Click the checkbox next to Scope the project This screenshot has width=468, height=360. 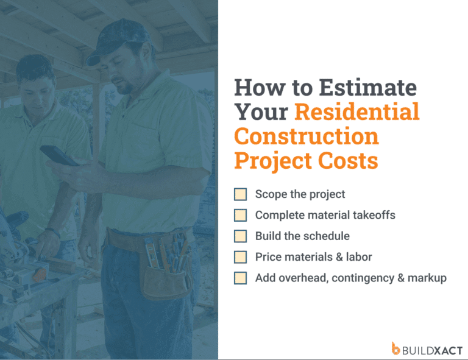[241, 194]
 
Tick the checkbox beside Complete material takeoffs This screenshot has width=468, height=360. [241, 215]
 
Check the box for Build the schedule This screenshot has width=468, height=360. [241, 236]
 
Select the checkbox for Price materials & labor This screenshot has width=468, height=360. [241, 256]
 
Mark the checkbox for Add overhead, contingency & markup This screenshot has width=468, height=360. [241, 278]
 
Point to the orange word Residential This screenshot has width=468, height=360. [357, 112]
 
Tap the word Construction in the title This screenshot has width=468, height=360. [307, 136]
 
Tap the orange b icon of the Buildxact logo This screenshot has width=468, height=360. [396, 348]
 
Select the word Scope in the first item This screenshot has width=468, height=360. [270, 194]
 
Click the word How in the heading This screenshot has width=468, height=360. [256, 88]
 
